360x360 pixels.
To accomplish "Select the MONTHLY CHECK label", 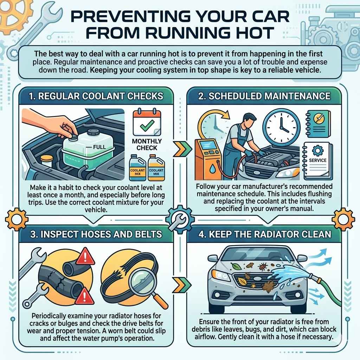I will click(147, 144).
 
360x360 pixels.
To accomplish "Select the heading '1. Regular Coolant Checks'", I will click(97, 96).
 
